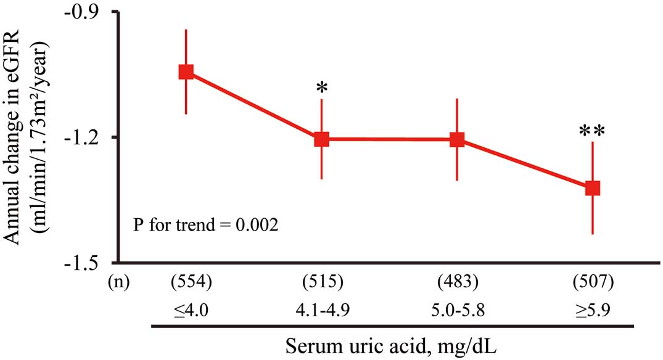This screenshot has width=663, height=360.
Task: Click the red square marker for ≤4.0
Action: pyautogui.click(x=186, y=72)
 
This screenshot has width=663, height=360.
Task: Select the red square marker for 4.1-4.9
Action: pyautogui.click(x=321, y=139)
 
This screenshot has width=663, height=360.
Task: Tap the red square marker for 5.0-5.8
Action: pyautogui.click(x=456, y=139)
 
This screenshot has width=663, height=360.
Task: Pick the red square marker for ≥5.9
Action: pyautogui.click(x=593, y=188)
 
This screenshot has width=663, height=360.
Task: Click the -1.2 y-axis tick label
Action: pyautogui.click(x=86, y=137)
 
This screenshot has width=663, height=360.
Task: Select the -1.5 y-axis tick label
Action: pyautogui.click(x=86, y=263)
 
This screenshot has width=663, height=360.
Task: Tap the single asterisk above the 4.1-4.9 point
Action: pyautogui.click(x=322, y=88)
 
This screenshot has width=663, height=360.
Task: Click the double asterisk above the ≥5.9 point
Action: pyautogui.click(x=592, y=131)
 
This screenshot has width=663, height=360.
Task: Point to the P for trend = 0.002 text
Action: pyautogui.click(x=206, y=224)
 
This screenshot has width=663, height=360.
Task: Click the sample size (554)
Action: pyautogui.click(x=191, y=282)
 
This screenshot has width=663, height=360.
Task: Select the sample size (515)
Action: pyautogui.click(x=323, y=282)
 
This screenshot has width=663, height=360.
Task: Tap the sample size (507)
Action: pyautogui.click(x=593, y=282)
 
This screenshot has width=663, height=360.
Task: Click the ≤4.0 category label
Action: pyautogui.click(x=191, y=311)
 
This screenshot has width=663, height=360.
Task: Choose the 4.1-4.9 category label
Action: pyautogui.click(x=323, y=311)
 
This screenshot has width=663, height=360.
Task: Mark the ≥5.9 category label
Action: pyautogui.click(x=593, y=311)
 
